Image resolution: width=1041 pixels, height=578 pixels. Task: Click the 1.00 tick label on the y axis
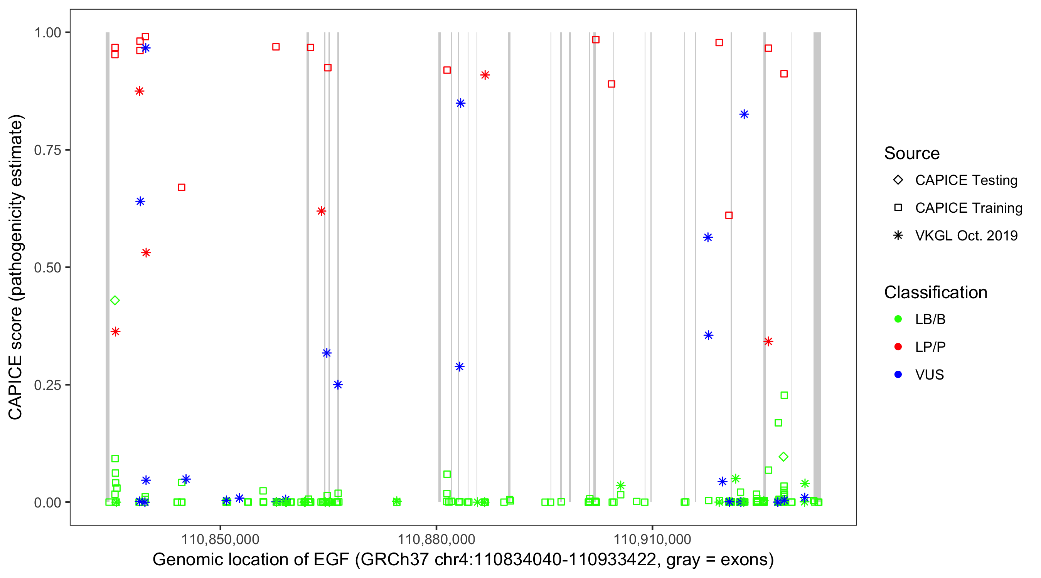pyautogui.click(x=47, y=32)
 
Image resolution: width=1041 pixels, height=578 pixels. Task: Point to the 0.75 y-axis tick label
pyautogui.click(x=47, y=150)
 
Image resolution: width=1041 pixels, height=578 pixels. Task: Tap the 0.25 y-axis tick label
pyautogui.click(x=47, y=385)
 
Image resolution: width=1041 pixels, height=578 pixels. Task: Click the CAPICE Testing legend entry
pyautogui.click(x=966, y=180)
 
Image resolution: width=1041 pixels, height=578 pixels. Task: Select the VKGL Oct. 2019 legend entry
pyautogui.click(x=966, y=235)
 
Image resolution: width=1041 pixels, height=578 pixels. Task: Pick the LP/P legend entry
pyautogui.click(x=930, y=347)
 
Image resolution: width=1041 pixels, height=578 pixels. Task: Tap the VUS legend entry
pyautogui.click(x=929, y=375)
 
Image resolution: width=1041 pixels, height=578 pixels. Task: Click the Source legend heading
pyautogui.click(x=912, y=153)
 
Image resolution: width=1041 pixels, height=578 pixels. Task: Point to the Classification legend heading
pyautogui.click(x=935, y=292)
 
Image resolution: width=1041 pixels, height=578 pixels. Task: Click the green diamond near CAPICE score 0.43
pyautogui.click(x=115, y=301)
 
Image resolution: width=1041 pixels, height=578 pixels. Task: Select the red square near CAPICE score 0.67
pyautogui.click(x=182, y=187)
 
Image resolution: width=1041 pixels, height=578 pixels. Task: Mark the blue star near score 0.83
pyautogui.click(x=744, y=114)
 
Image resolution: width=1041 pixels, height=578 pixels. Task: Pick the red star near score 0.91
pyautogui.click(x=485, y=75)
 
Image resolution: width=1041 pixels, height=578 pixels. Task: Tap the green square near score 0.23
pyautogui.click(x=784, y=395)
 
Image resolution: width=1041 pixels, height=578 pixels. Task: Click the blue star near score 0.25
pyautogui.click(x=338, y=385)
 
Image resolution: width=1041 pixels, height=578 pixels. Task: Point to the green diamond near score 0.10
pyautogui.click(x=783, y=457)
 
